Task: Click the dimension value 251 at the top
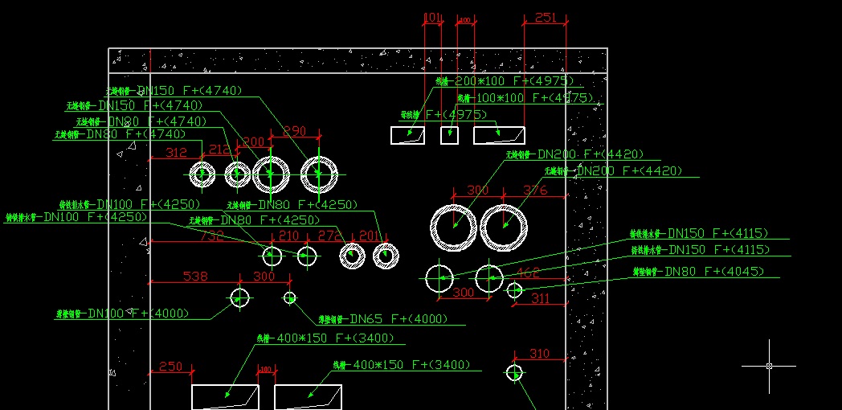[x=545, y=18]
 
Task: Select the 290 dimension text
[x=295, y=131]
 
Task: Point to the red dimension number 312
[x=176, y=153]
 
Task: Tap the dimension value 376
[x=535, y=191]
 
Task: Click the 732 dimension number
[x=211, y=236]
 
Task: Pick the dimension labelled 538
[x=195, y=277]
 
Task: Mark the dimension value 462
[x=527, y=273]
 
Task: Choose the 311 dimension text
[x=541, y=298]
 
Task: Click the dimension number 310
[x=540, y=354]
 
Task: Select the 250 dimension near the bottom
[x=170, y=367]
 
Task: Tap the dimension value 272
[x=329, y=236]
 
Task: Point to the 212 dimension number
[x=219, y=150]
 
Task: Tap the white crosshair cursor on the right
[x=769, y=366]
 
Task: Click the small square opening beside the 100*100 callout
[x=449, y=135]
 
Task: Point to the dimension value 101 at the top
[x=432, y=18]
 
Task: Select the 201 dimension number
[x=369, y=236]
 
